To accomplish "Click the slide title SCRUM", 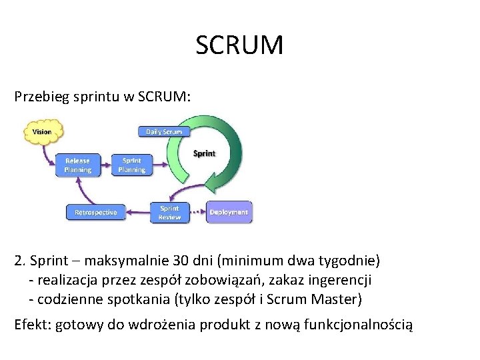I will [240, 46].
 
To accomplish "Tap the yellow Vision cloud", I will [41, 132].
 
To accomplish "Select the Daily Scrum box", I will [163, 132].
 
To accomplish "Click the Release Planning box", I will [77, 165].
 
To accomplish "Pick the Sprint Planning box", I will [131, 165].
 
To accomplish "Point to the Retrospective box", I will [95, 213].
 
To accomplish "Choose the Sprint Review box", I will [169, 213].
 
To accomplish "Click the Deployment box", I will [229, 213].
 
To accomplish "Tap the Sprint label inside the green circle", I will [204, 153].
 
